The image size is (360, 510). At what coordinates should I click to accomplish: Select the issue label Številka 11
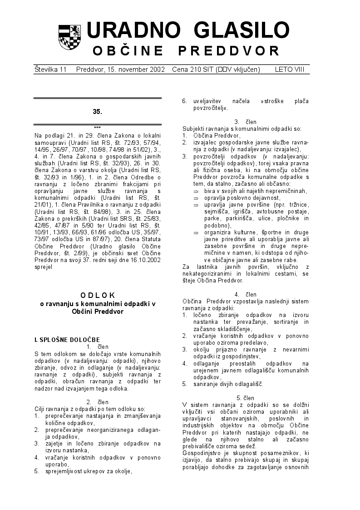[x=50, y=69]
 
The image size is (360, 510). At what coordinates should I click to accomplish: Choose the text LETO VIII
[x=292, y=69]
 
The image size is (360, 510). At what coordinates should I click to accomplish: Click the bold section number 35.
[x=97, y=111]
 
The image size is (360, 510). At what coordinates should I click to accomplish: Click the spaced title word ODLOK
[x=98, y=295]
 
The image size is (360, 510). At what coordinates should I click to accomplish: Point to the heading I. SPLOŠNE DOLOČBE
[x=67, y=340]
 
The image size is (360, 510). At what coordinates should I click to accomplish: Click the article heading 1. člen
[x=97, y=347]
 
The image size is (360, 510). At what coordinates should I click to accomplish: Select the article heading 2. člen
[x=97, y=402]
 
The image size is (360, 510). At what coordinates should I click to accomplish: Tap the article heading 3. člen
[x=246, y=122]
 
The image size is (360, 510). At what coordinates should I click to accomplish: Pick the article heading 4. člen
[x=246, y=295]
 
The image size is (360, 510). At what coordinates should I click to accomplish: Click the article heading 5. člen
[x=246, y=398]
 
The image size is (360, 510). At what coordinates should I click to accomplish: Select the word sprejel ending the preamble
[x=44, y=267]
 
